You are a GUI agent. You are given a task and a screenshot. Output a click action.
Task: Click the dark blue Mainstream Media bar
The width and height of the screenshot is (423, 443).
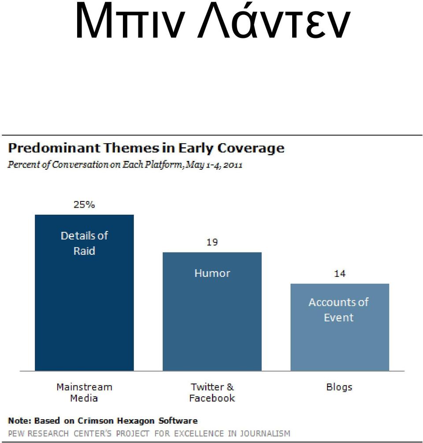(x=84, y=293)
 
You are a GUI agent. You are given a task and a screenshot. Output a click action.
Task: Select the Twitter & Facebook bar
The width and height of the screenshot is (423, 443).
(x=212, y=312)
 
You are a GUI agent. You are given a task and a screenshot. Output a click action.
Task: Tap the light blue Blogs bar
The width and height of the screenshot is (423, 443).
(x=340, y=327)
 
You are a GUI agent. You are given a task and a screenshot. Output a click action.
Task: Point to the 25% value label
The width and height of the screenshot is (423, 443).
(x=84, y=204)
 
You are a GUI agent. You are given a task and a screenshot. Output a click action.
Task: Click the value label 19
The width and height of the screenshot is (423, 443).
(x=212, y=242)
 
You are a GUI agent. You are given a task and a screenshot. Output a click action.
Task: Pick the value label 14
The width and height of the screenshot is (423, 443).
(x=340, y=273)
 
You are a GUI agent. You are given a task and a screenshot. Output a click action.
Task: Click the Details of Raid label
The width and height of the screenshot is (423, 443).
(x=84, y=243)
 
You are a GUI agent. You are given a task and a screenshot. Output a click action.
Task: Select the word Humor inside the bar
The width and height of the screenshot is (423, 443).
(x=212, y=273)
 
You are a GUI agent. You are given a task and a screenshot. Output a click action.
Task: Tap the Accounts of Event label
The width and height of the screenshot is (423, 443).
(x=338, y=309)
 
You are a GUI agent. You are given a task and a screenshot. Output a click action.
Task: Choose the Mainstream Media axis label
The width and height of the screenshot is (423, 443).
(x=84, y=392)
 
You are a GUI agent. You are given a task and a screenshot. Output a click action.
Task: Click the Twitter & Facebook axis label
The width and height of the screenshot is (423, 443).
(x=212, y=392)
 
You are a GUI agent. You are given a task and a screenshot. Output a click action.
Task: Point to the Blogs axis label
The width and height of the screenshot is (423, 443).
(x=339, y=387)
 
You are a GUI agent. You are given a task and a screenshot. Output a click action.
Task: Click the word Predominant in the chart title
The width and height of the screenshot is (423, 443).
(x=54, y=148)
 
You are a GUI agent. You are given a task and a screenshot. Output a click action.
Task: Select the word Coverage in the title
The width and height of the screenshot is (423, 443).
(x=251, y=149)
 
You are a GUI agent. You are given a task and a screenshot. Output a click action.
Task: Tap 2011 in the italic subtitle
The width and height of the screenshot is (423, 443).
(x=233, y=165)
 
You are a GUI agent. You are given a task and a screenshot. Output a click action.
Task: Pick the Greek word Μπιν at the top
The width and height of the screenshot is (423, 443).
(x=130, y=22)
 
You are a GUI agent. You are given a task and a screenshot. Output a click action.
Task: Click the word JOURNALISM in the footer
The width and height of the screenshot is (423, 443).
(x=265, y=433)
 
